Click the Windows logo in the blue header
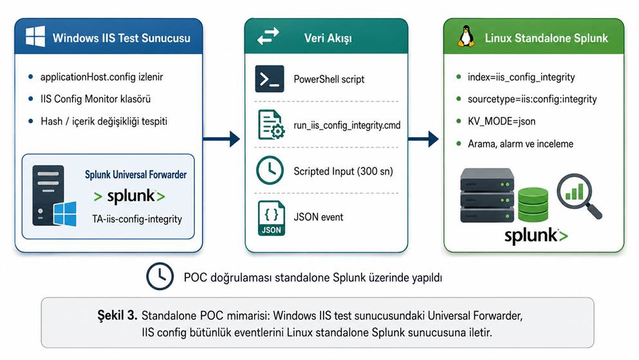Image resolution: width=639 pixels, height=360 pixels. click(35, 37)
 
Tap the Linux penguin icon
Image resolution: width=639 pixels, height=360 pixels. click(466, 37)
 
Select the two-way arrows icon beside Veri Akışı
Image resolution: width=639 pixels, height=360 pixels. click(268, 36)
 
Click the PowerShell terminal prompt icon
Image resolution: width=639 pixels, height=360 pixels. click(270, 79)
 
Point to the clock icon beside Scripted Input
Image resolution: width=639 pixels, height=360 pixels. click(270, 171)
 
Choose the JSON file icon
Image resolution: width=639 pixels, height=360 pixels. click(272, 218)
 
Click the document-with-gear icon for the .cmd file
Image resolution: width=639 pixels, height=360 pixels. click(272, 125)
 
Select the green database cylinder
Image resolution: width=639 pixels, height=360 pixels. click(533, 204)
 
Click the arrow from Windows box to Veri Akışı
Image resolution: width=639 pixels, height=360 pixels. click(221, 139)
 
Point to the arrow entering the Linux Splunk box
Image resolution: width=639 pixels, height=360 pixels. click(423, 139)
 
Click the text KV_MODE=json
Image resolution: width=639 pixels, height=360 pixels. click(501, 122)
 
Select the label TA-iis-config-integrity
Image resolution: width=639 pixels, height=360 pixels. click(137, 219)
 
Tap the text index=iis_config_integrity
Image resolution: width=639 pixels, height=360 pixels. click(521, 77)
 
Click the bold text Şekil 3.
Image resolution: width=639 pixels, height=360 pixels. click(117, 315)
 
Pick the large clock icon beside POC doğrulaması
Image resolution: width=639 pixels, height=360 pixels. click(160, 276)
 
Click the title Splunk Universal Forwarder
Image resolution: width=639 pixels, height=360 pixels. click(136, 175)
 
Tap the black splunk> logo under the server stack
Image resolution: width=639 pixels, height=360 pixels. click(536, 235)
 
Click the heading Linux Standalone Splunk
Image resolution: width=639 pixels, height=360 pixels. click(546, 38)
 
